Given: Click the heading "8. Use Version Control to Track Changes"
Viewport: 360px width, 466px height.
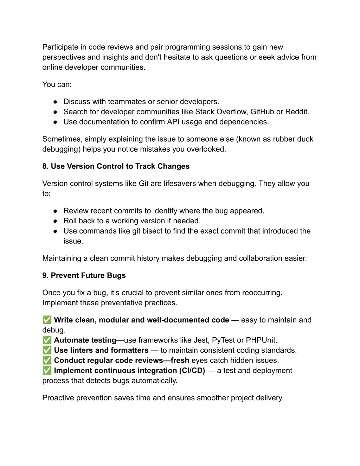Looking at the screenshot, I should pyautogui.click(x=116, y=166).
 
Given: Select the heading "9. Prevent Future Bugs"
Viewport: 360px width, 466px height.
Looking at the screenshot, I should pyautogui.click(x=84, y=275).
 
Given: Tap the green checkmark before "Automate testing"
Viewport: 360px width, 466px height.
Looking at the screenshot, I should pyautogui.click(x=47, y=340).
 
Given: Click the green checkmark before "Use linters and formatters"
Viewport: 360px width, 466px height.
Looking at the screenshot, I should pyautogui.click(x=47, y=350).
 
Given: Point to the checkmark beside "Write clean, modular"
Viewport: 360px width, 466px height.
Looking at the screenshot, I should pyautogui.click(x=47, y=320).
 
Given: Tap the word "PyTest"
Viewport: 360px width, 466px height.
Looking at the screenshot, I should pyautogui.click(x=223, y=340).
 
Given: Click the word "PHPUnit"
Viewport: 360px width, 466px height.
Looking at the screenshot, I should pyautogui.click(x=261, y=340).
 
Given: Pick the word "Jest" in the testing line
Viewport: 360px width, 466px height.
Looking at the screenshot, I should pyautogui.click(x=201, y=340).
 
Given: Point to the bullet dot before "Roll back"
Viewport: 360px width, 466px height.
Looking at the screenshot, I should pyautogui.click(x=55, y=221).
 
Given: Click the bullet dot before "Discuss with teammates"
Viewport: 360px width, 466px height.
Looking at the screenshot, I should pyautogui.click(x=55, y=102).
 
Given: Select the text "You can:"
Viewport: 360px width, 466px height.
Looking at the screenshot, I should pyautogui.click(x=57, y=84).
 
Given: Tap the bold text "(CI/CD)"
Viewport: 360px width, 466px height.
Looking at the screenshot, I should pyautogui.click(x=192, y=371).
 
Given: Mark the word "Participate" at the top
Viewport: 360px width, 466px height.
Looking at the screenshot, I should pyautogui.click(x=60, y=47).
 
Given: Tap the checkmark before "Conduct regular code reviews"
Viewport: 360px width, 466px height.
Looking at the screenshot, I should pyautogui.click(x=47, y=360).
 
